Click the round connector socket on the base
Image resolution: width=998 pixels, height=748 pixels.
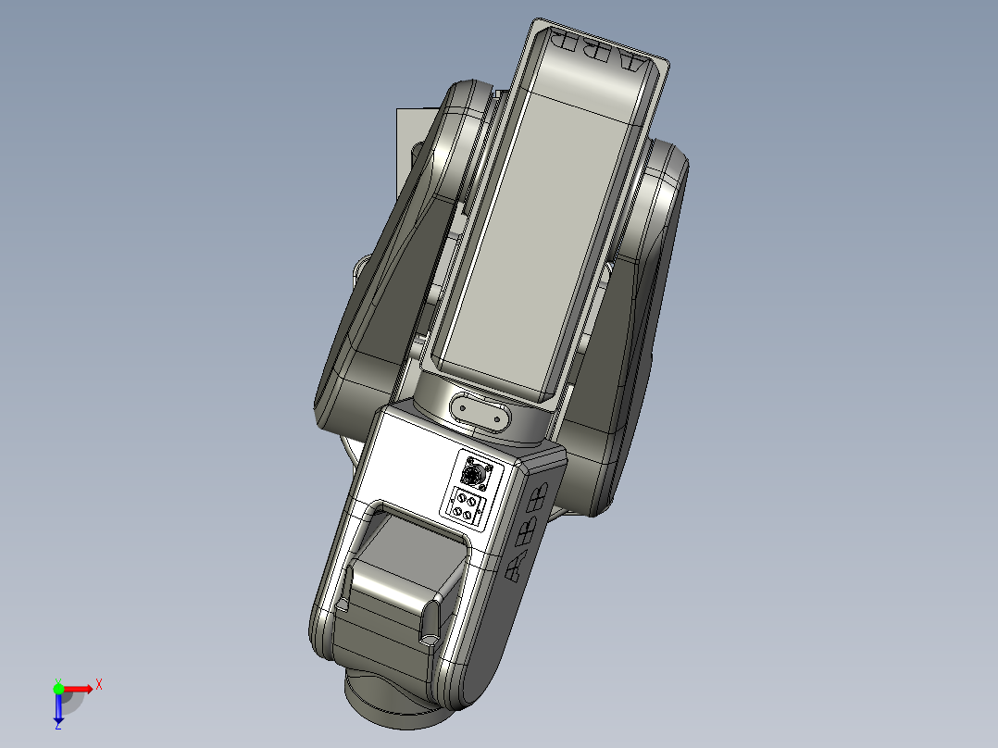point(476,474)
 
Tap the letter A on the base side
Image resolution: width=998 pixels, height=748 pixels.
point(516,567)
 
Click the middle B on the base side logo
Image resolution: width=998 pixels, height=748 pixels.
point(528,530)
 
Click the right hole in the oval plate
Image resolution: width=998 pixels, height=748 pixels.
point(502,418)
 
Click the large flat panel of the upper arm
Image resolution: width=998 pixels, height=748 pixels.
point(518,241)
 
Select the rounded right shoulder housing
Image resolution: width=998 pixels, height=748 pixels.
point(662,213)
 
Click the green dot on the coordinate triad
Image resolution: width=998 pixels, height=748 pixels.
point(58,688)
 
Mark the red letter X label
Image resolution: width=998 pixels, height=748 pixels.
point(99,684)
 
